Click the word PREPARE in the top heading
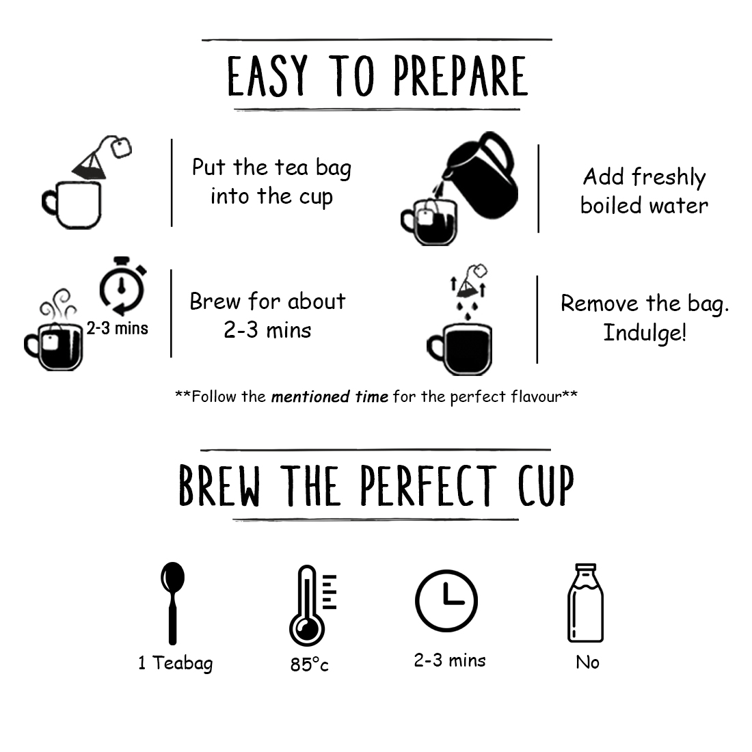pyautogui.click(x=460, y=76)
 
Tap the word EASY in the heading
pyautogui.click(x=267, y=76)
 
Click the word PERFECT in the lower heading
pyautogui.click(x=428, y=485)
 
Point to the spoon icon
pyautogui.click(x=173, y=604)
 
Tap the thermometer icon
pyautogui.click(x=312, y=605)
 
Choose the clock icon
pyautogui.click(x=446, y=601)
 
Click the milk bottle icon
pyautogui.click(x=586, y=603)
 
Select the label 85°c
pyautogui.click(x=309, y=664)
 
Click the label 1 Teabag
pyautogui.click(x=176, y=663)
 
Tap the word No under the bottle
pyautogui.click(x=587, y=662)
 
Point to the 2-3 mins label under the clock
pyautogui.click(x=450, y=660)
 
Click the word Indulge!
pyautogui.click(x=645, y=333)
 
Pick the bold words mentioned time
pyautogui.click(x=330, y=397)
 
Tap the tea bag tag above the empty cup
pyautogui.click(x=121, y=147)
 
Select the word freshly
pyautogui.click(x=669, y=178)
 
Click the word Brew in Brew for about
pyautogui.click(x=215, y=301)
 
